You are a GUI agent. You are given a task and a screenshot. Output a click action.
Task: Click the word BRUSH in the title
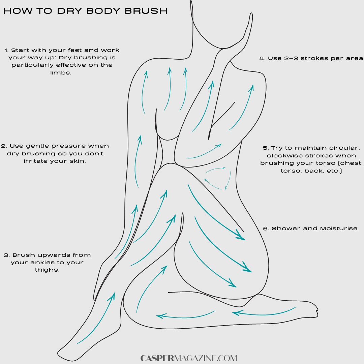(x=146, y=11)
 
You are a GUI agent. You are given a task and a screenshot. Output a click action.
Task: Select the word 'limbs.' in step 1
(x=61, y=73)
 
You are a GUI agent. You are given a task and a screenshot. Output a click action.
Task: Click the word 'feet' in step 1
(x=74, y=50)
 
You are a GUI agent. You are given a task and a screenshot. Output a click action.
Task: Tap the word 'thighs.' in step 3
(x=47, y=270)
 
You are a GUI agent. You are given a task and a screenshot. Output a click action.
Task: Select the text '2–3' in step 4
(x=291, y=58)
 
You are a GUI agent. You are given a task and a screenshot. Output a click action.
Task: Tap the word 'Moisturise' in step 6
(x=339, y=229)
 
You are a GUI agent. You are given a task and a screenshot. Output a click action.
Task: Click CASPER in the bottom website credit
(x=157, y=358)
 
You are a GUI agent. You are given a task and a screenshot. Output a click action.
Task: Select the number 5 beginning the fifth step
(x=265, y=148)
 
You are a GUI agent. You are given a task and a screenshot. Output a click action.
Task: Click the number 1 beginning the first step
(x=6, y=50)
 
